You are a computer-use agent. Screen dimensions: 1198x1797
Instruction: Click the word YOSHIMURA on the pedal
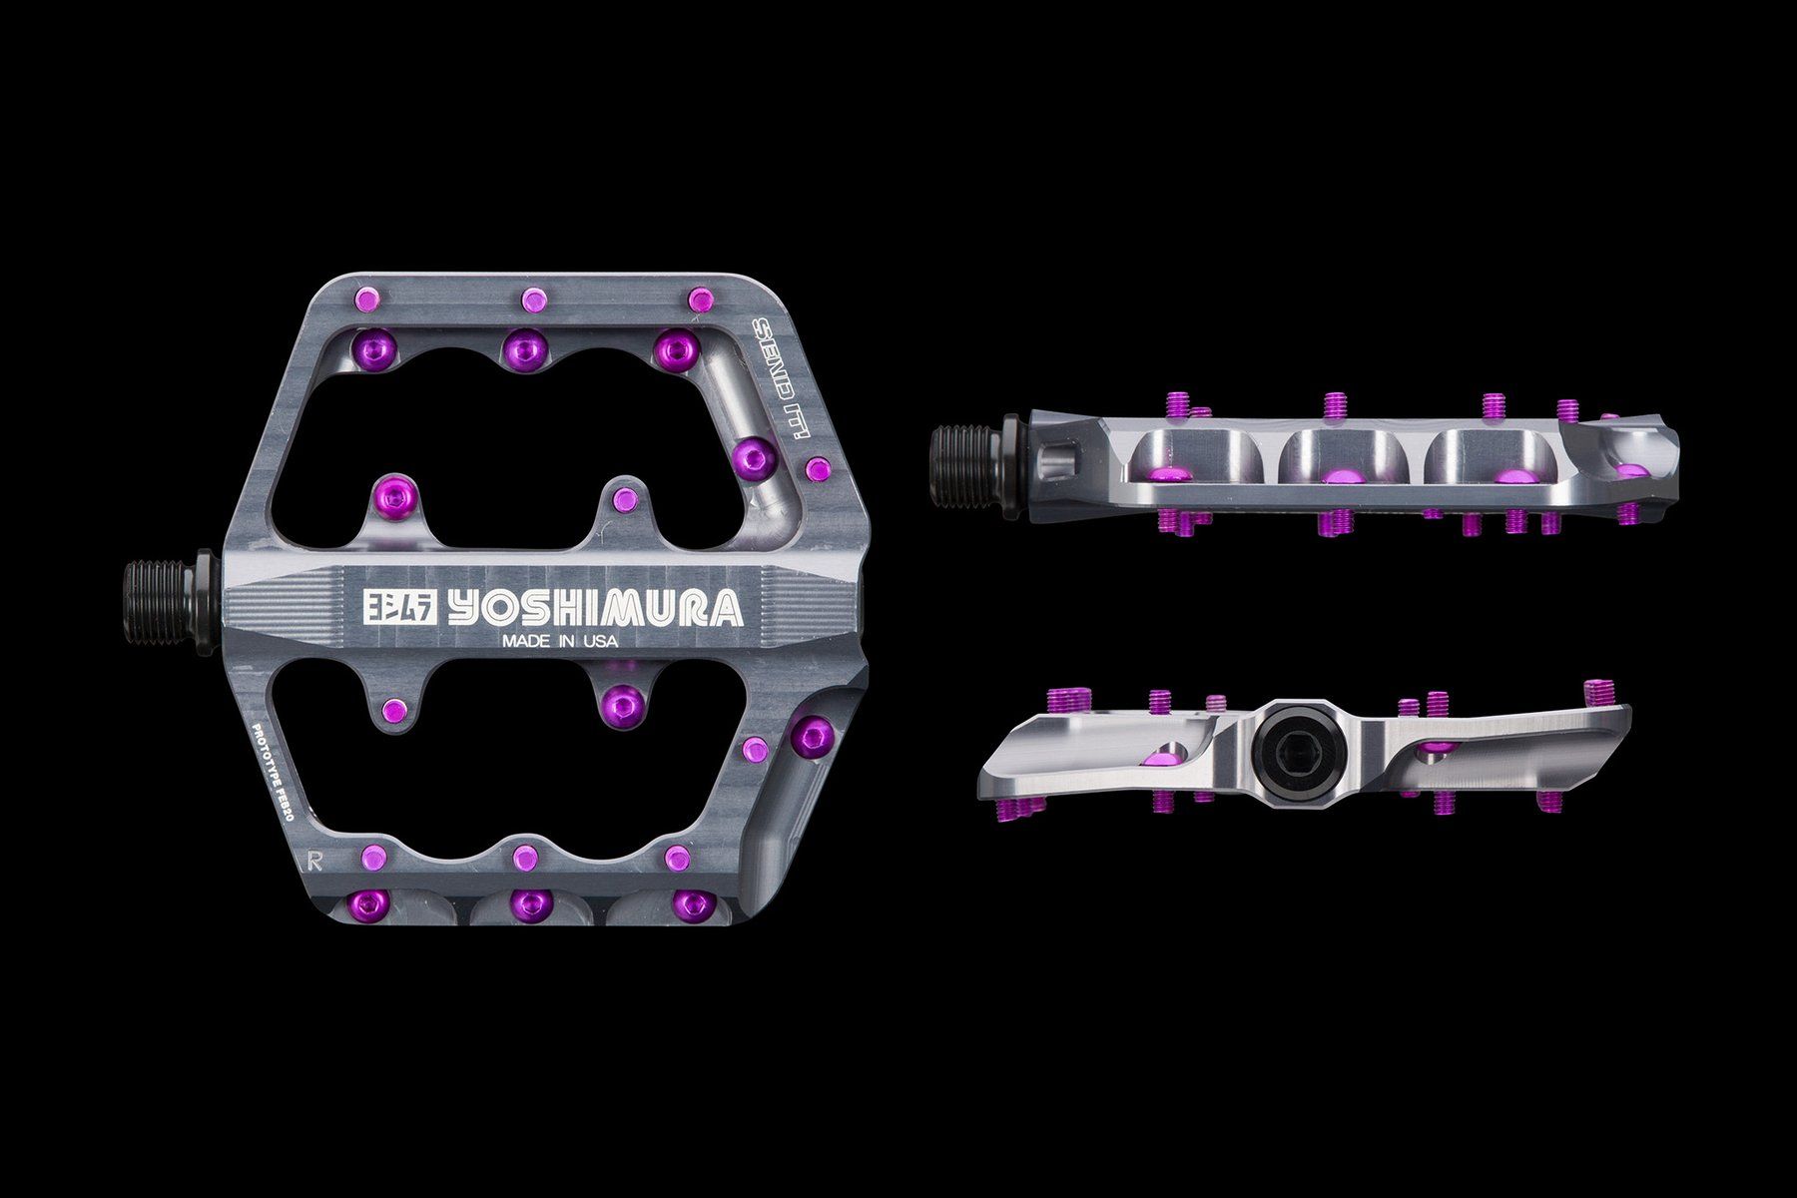tap(595, 610)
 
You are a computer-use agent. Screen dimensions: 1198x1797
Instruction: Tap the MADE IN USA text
tap(559, 642)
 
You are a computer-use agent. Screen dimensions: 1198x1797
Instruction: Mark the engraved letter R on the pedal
tap(316, 830)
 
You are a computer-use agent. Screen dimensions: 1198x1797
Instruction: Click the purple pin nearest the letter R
tap(371, 855)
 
